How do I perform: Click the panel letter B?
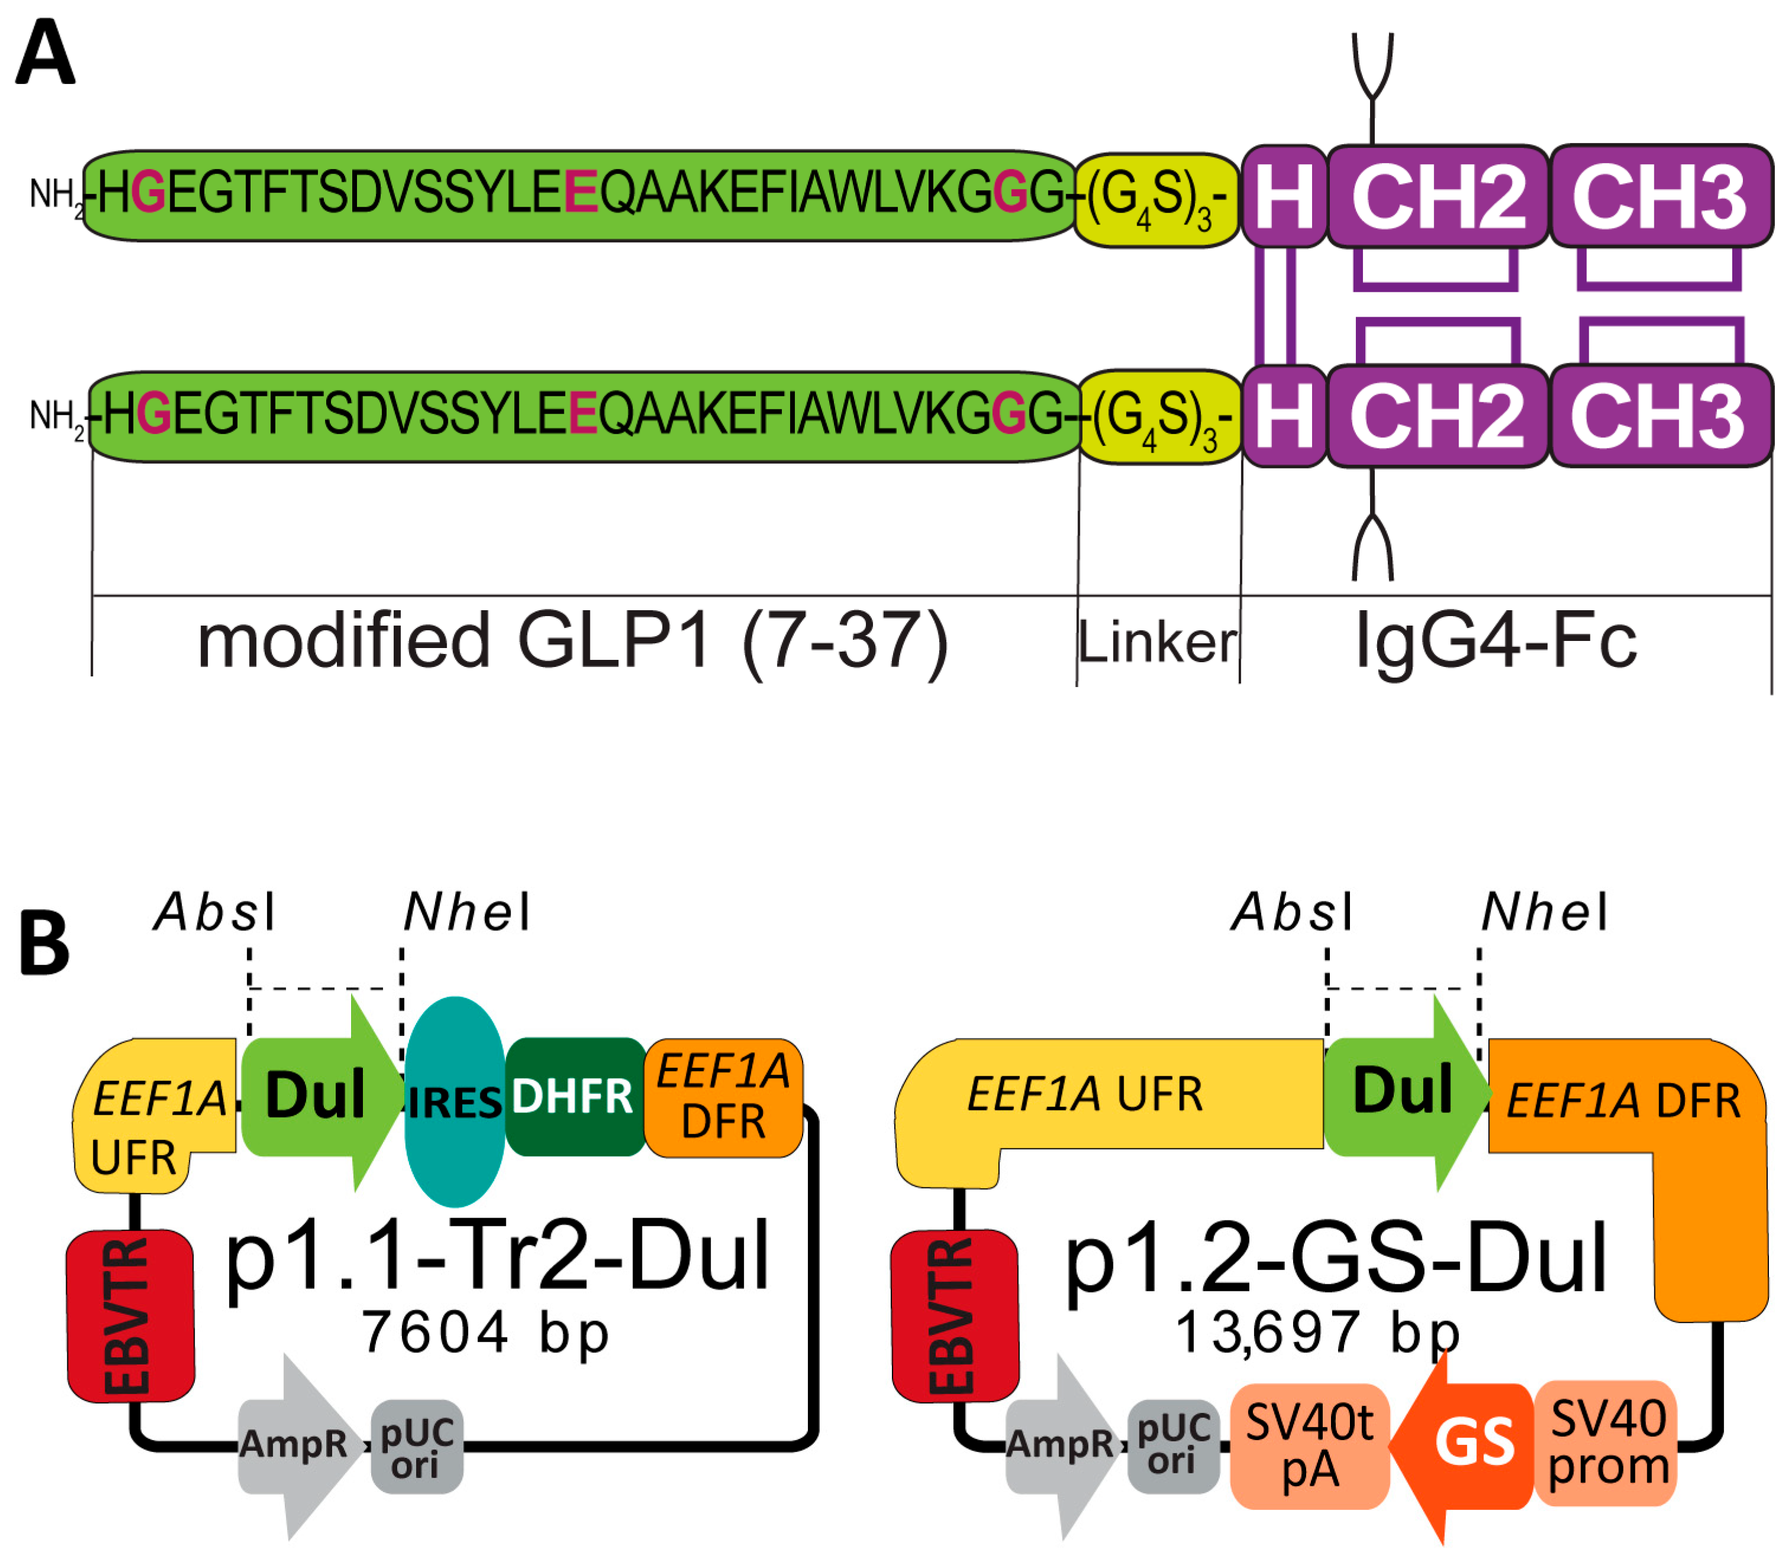(43, 944)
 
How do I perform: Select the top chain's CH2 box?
(1437, 196)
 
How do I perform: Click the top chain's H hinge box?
(1284, 196)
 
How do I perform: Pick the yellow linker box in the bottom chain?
(1160, 417)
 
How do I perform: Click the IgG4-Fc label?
(1496, 641)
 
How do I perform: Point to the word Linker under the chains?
(1158, 643)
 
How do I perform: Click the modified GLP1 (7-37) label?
(573, 641)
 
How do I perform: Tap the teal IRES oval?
(455, 1101)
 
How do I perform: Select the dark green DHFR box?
(573, 1096)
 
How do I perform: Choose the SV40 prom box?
(1607, 1442)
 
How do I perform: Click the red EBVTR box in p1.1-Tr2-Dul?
(130, 1316)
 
